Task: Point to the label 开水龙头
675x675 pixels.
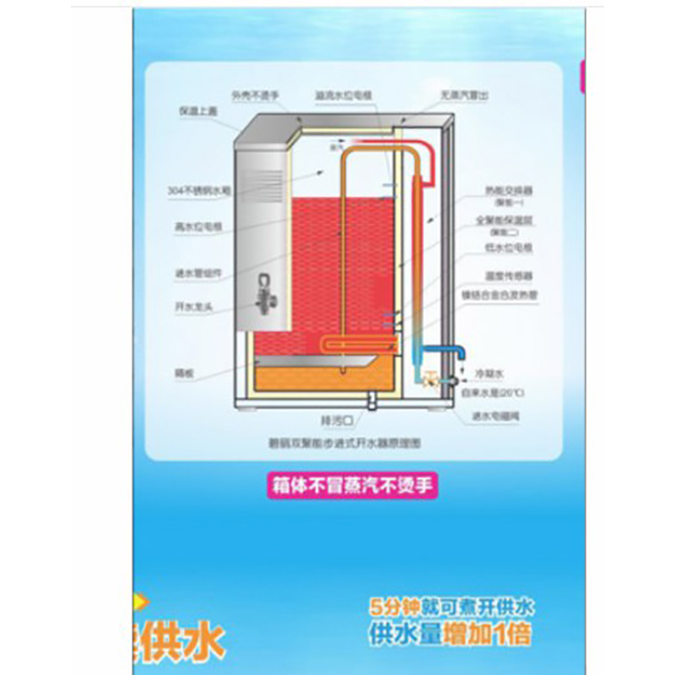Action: [192, 309]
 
